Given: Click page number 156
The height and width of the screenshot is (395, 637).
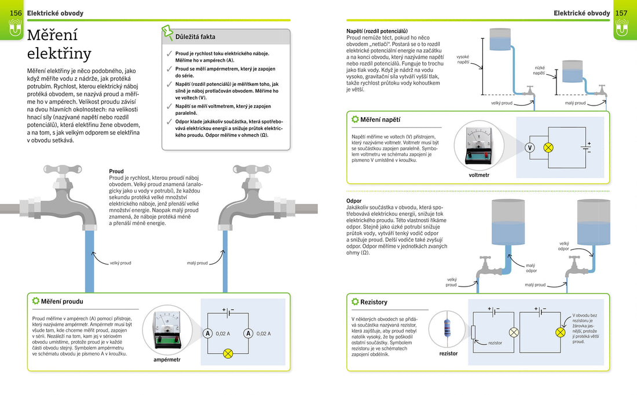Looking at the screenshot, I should coord(16,13).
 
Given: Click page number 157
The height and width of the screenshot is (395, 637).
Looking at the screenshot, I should coord(621,13).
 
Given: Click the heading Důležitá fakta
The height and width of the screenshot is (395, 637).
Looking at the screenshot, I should coord(195,37).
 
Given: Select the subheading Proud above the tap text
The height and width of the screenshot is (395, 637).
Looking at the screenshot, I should coord(116,172).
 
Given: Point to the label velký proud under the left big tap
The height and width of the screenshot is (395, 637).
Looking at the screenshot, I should coord(120,263).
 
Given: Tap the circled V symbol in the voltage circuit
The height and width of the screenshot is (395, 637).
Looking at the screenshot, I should coord(529,147).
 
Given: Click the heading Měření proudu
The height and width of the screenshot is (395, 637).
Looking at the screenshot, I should coord(62,302).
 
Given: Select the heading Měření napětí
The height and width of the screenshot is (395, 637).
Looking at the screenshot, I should coord(380,119).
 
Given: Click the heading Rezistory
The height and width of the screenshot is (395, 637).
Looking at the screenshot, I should coord(374,302).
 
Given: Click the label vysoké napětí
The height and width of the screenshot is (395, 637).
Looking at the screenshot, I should coord(463,59).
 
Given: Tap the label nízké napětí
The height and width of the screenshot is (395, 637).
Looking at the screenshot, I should coord(539,71).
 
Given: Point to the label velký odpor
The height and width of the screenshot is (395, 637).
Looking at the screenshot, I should coord(563,246).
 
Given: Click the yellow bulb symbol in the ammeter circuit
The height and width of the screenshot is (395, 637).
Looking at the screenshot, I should coord(228,353).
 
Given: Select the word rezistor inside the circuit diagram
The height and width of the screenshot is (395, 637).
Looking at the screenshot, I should coord(495,343).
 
